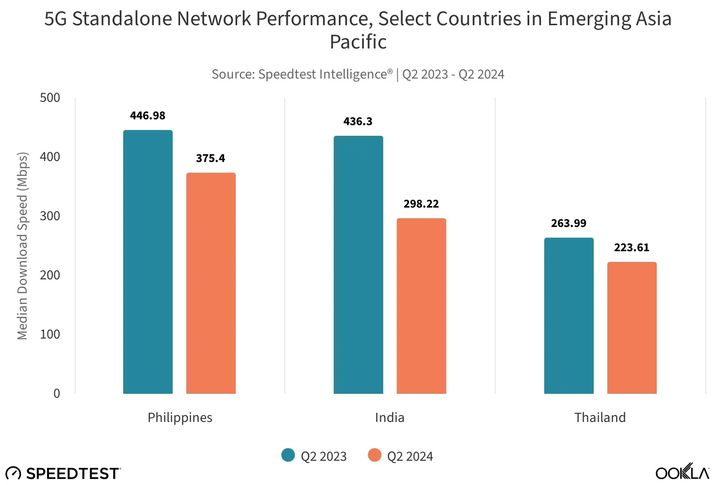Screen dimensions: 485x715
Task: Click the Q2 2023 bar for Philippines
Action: (148, 262)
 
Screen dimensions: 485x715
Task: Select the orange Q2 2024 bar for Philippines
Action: (211, 283)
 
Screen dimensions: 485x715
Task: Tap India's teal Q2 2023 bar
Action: (358, 265)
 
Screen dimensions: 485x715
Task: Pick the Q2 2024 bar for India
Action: (422, 306)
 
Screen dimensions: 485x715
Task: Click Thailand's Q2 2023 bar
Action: (569, 316)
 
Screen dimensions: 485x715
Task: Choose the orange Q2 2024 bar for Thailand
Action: (632, 328)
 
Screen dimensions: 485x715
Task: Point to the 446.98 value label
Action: (148, 116)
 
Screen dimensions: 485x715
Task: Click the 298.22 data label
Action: (421, 204)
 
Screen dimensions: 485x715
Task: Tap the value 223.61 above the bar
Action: (632, 248)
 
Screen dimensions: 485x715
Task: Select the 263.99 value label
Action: (569, 224)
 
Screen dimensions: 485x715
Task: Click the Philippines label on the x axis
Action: (180, 418)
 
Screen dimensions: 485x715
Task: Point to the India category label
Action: (390, 418)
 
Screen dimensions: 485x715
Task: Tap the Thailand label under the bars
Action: (600, 418)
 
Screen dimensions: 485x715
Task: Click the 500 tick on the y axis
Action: (50, 98)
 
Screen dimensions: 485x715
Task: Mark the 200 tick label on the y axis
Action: (50, 275)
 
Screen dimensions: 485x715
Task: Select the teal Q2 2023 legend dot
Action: (288, 455)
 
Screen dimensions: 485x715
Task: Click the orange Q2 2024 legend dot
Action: (374, 455)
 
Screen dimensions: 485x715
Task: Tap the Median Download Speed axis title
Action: (23, 246)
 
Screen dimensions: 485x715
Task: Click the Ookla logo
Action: (682, 472)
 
